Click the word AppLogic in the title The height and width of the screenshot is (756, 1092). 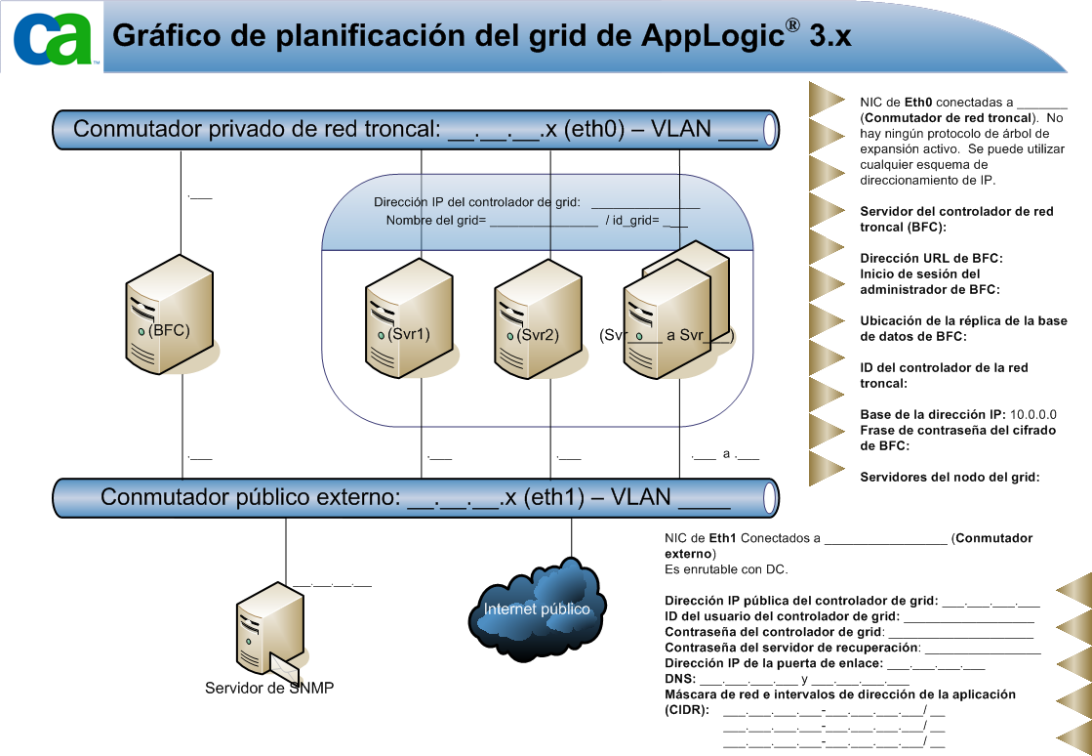711,35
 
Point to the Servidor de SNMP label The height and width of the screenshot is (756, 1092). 269,688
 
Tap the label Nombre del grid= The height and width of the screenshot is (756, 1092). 436,220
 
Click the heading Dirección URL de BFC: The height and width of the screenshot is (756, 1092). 931,258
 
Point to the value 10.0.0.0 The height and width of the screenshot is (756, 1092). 1033,414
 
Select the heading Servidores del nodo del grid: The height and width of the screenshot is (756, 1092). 950,477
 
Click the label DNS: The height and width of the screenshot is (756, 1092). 679,678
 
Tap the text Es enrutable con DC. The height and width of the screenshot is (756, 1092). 726,569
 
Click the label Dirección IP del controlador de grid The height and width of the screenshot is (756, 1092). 477,202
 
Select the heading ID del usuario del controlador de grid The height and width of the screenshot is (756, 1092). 781,615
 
